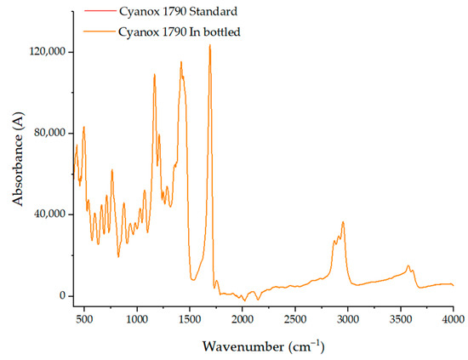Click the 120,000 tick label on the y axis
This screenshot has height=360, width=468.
[x=49, y=52]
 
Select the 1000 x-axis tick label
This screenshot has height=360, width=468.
[x=137, y=319]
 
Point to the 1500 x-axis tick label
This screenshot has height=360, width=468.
[x=190, y=319]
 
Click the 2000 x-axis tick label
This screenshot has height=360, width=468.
[x=243, y=319]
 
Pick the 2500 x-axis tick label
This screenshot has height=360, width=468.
[x=295, y=319]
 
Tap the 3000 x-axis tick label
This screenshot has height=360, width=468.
[x=348, y=319]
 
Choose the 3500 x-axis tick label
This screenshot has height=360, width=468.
[x=401, y=319]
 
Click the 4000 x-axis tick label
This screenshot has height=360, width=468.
[x=453, y=319]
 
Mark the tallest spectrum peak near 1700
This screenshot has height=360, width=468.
[x=209, y=46]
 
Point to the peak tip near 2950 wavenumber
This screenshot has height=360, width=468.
[x=343, y=222]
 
